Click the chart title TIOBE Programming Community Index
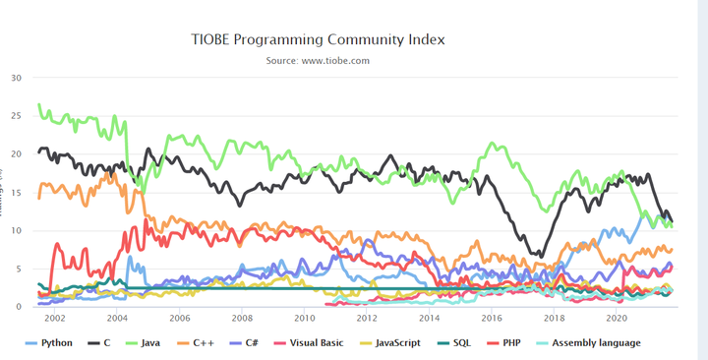click(x=318, y=40)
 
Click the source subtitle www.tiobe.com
click(x=318, y=61)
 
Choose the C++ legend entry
click(x=197, y=343)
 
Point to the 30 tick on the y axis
click(x=17, y=78)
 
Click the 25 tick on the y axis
click(x=17, y=116)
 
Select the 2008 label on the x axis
click(x=242, y=319)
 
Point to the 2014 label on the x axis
click(x=430, y=319)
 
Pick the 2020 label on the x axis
click(x=617, y=319)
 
